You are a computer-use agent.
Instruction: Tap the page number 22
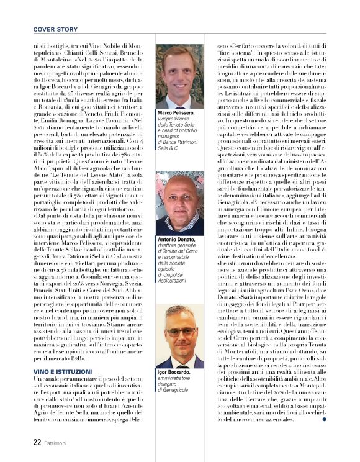coord(37,442)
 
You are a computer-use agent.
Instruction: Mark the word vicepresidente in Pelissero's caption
coord(176,119)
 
